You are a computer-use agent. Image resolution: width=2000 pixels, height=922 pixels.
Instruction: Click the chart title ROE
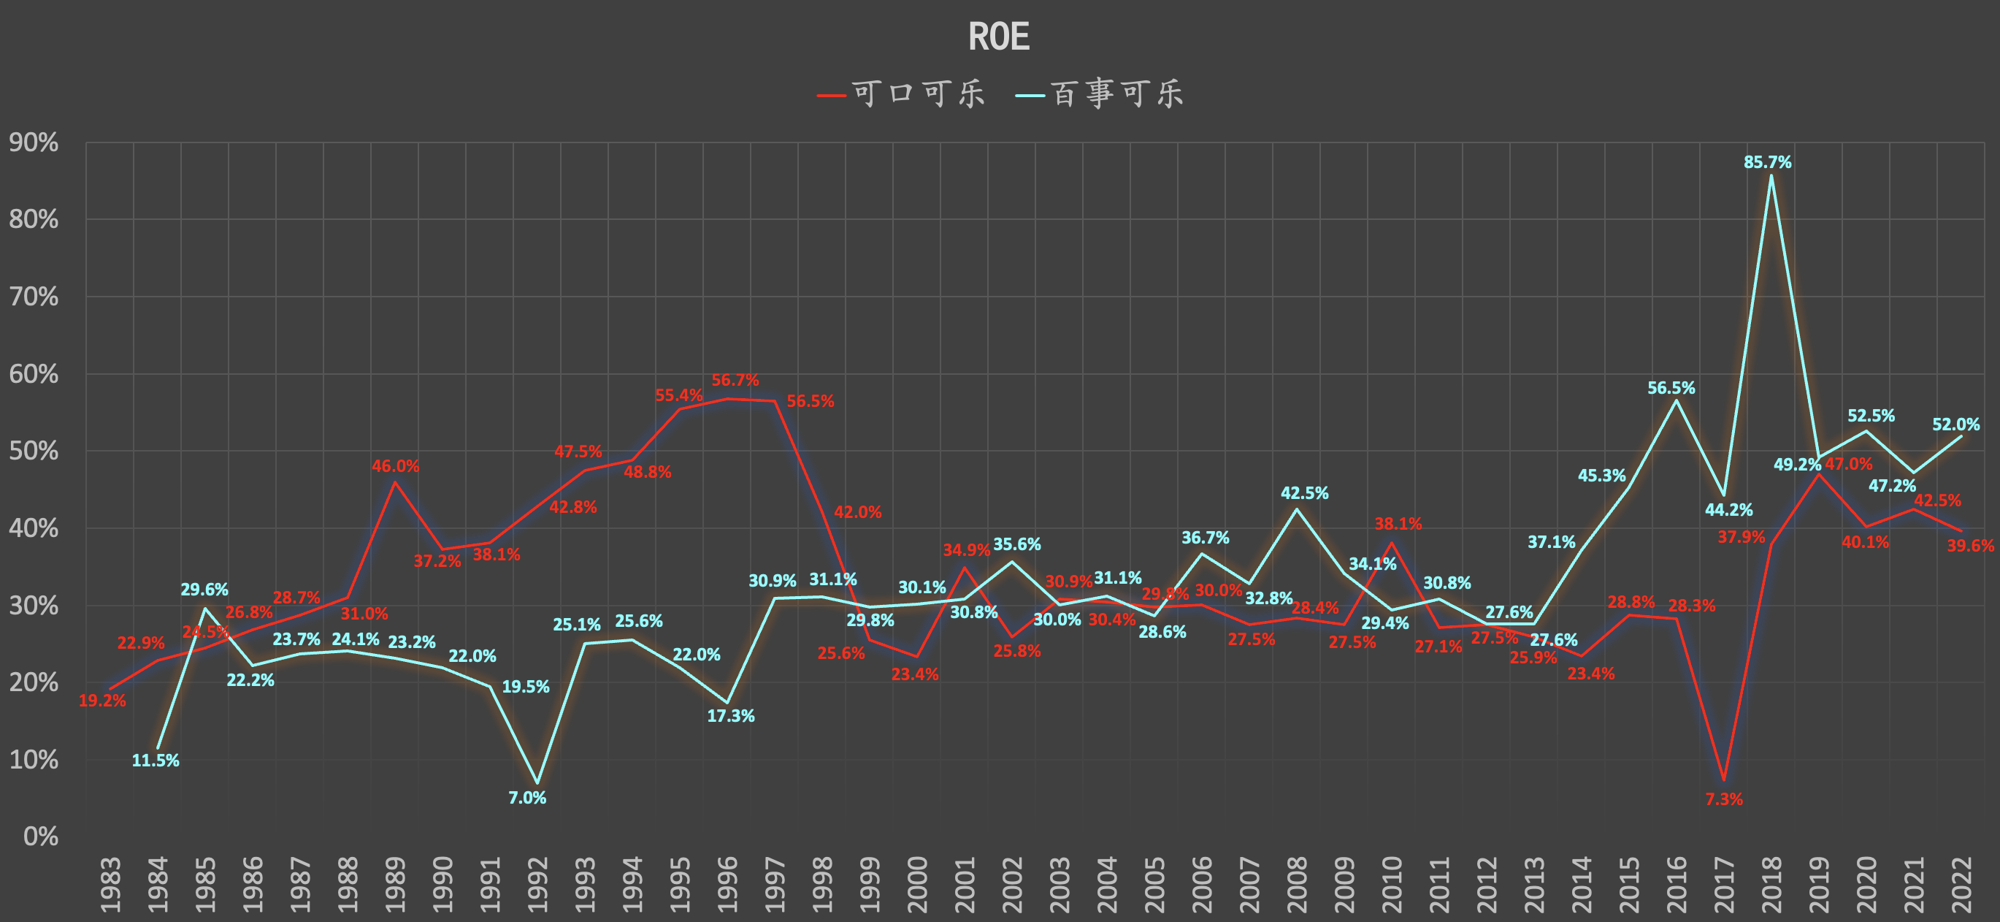click(998, 37)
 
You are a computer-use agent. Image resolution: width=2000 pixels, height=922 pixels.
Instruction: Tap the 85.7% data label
click(1767, 162)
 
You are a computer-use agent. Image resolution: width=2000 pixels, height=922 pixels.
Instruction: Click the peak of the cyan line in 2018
click(1770, 175)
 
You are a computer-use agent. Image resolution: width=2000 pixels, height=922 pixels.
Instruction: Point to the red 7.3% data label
click(1723, 799)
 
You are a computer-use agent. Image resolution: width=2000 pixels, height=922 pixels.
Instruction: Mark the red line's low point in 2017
click(1723, 780)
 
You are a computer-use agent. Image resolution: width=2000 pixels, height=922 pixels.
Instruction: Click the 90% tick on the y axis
click(34, 143)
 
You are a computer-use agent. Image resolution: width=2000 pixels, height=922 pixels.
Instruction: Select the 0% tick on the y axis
click(40, 837)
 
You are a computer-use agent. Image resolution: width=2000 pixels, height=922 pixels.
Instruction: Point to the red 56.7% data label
click(735, 381)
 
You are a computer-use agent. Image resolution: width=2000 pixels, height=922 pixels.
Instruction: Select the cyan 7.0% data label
click(527, 798)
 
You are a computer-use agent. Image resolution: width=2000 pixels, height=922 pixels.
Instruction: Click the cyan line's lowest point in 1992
click(537, 783)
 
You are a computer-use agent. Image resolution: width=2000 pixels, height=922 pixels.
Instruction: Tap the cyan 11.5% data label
click(156, 761)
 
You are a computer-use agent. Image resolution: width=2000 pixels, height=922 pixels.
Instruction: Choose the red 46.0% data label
click(395, 466)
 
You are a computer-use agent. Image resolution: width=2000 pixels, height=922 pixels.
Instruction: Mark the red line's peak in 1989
click(395, 481)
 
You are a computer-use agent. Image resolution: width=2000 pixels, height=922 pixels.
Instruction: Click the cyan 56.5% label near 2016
click(1671, 388)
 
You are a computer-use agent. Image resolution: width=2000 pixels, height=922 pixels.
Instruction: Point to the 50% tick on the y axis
click(34, 452)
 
